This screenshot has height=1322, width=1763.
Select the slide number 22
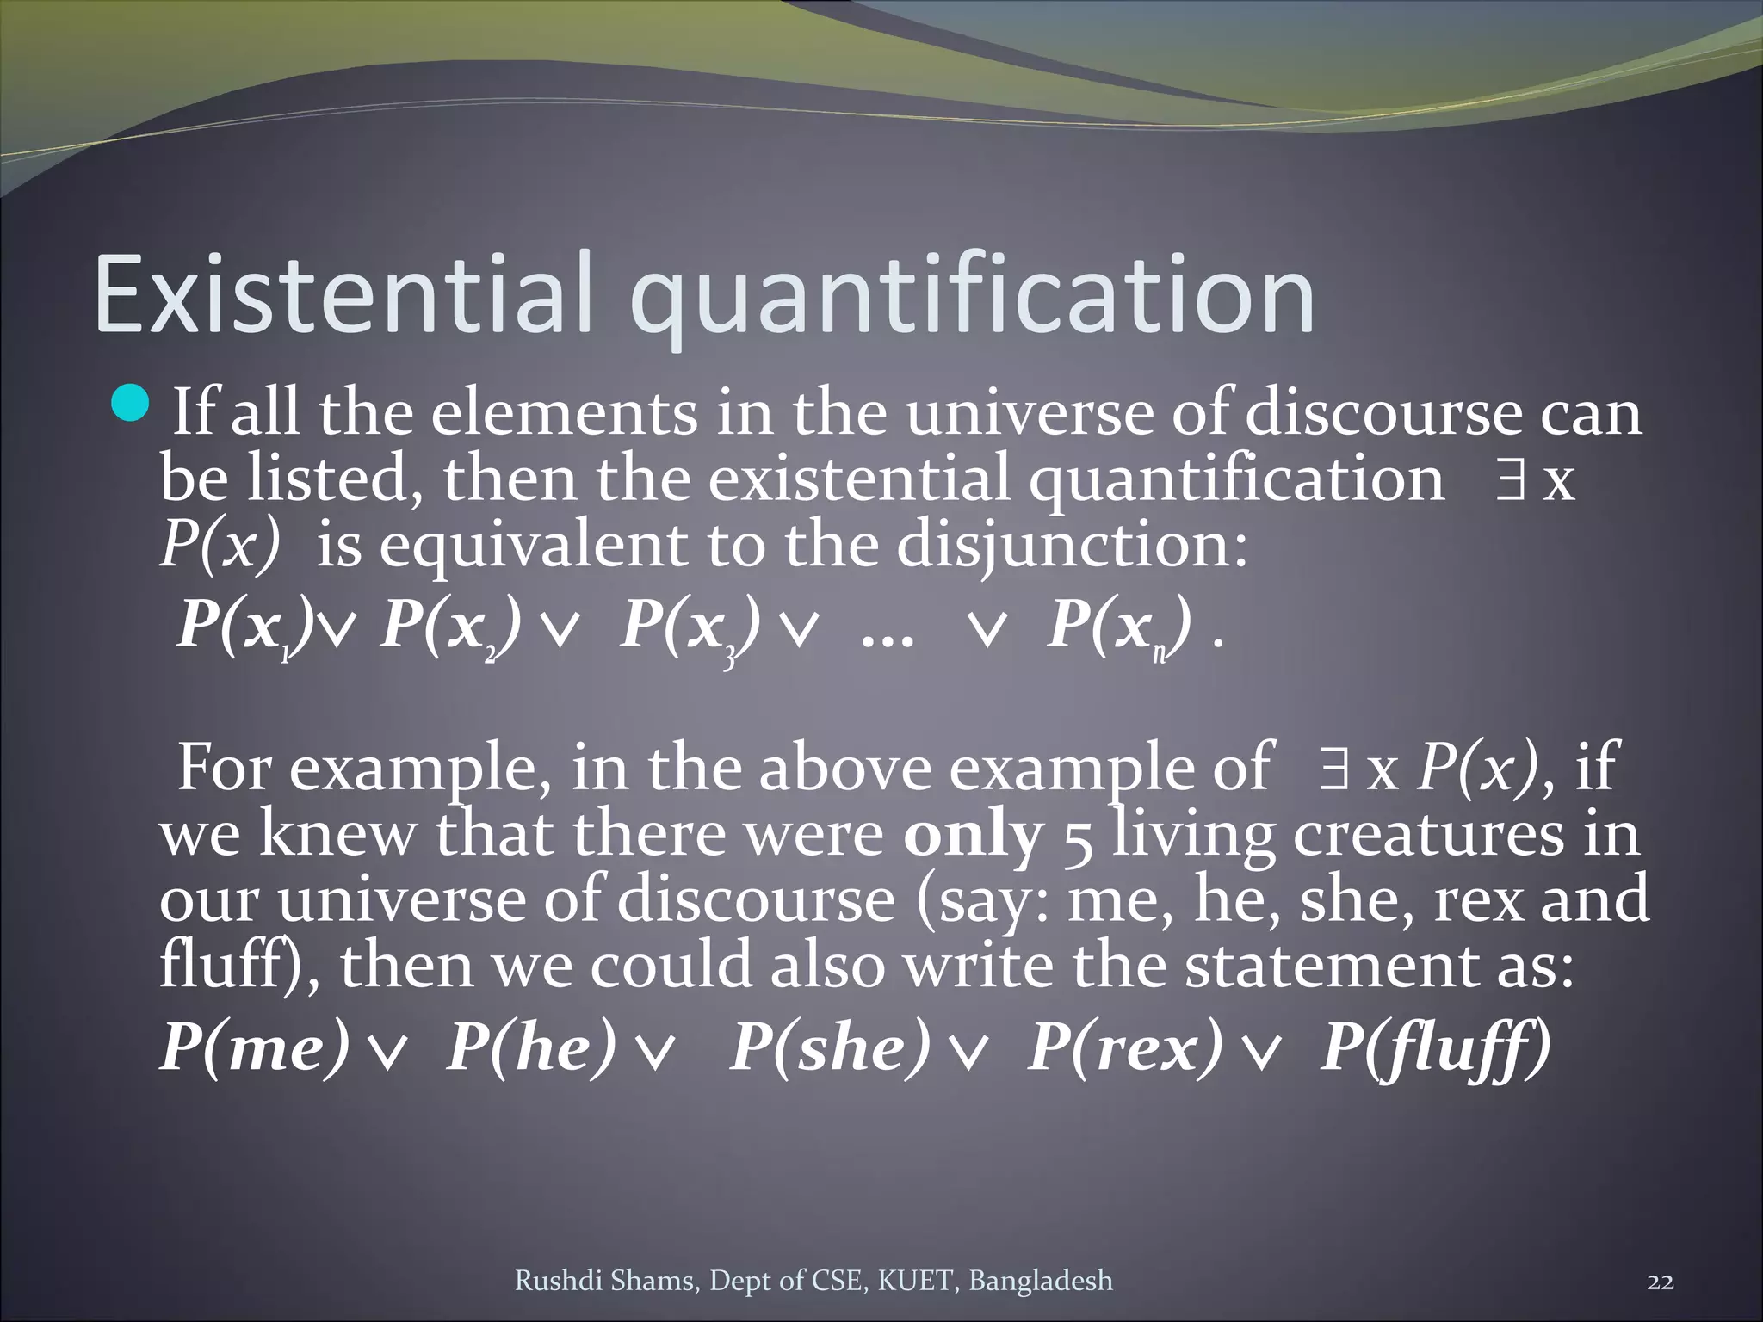pos(1660,1282)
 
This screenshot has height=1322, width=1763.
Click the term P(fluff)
pos(1435,1047)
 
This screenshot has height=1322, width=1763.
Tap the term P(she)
pos(831,1047)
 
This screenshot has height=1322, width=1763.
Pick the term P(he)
pos(532,1047)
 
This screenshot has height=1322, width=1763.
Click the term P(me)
pos(256,1047)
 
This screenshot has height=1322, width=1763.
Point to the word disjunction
pos(1071,545)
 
